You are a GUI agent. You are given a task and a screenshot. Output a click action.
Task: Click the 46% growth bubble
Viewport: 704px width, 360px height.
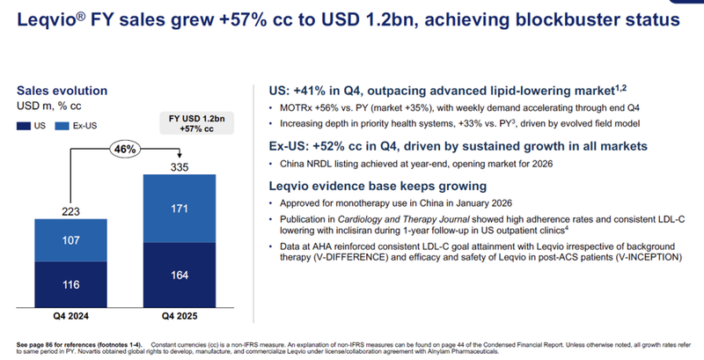click(x=124, y=151)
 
